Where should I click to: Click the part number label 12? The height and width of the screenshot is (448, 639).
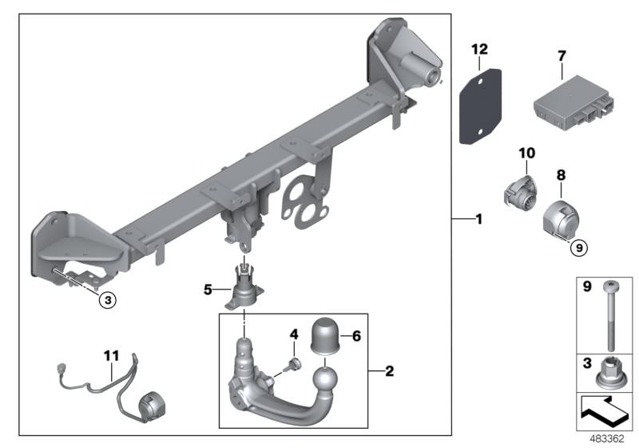coord(478,50)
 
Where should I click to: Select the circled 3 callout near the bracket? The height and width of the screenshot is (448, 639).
coord(108,300)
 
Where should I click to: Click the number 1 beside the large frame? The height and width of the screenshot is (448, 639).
coord(478,218)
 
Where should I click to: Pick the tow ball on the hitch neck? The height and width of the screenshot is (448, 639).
coord(327,378)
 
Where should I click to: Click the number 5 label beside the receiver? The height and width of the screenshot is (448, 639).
coord(209,290)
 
